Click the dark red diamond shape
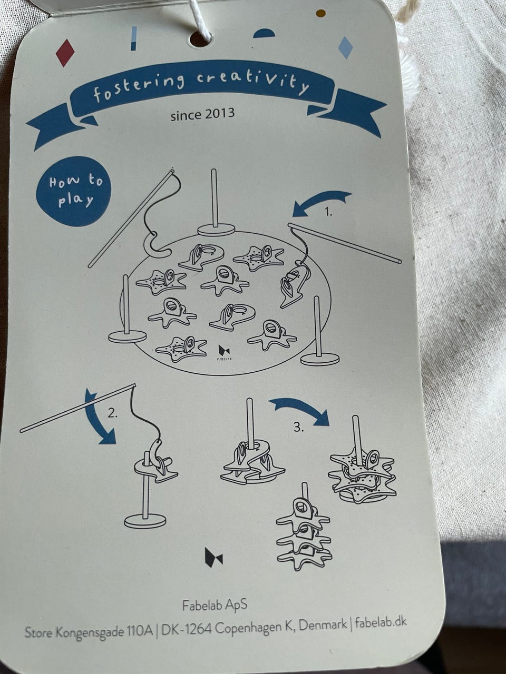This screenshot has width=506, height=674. click(65, 53)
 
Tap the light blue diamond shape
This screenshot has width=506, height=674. click(345, 47)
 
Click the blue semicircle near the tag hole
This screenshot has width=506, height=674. click(264, 33)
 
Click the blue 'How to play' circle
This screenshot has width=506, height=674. click(73, 191)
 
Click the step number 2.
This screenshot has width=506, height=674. click(112, 414)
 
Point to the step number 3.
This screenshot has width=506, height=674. click(299, 427)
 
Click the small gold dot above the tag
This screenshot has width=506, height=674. click(321, 13)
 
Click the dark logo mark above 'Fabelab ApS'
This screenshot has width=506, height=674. click(214, 558)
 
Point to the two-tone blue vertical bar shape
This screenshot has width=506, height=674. click(133, 38)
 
